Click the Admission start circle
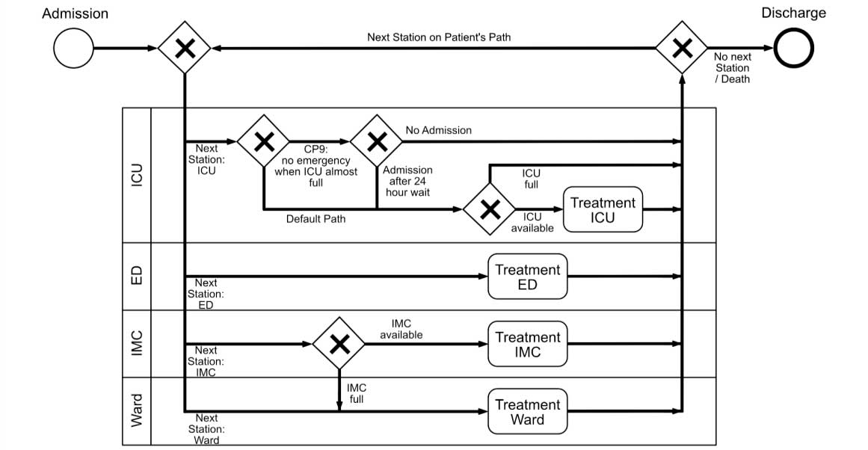pyautogui.click(x=74, y=49)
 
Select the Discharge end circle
pyautogui.click(x=793, y=49)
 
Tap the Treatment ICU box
pyautogui.click(x=603, y=210)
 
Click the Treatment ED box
pyautogui.click(x=527, y=277)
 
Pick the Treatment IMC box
pyautogui.click(x=527, y=345)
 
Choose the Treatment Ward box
pyautogui.click(x=527, y=412)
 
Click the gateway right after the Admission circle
pyautogui.click(x=184, y=49)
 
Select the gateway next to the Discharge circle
pyautogui.click(x=682, y=49)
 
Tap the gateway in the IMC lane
pyautogui.click(x=339, y=344)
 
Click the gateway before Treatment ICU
pyautogui.click(x=490, y=210)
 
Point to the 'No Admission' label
pyautogui.click(x=438, y=130)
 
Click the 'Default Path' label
pyautogui.click(x=316, y=219)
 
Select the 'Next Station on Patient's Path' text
pyautogui.click(x=439, y=37)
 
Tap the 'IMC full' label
pyautogui.click(x=357, y=393)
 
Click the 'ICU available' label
pyautogui.click(x=532, y=222)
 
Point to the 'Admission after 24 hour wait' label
pyautogui.click(x=407, y=181)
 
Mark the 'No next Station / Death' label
pyautogui.click(x=732, y=68)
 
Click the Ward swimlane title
pyautogui.click(x=137, y=411)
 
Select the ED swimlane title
pyautogui.click(x=137, y=276)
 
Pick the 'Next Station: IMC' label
pyautogui.click(x=206, y=361)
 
